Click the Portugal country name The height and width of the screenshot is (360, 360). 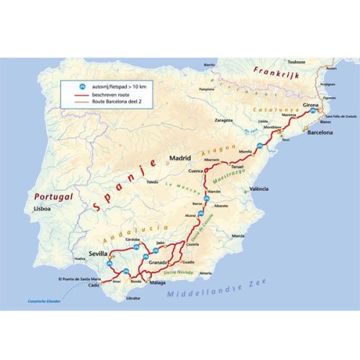click(x=50, y=196)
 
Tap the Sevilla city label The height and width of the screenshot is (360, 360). click(x=98, y=254)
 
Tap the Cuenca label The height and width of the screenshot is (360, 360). click(x=197, y=171)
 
